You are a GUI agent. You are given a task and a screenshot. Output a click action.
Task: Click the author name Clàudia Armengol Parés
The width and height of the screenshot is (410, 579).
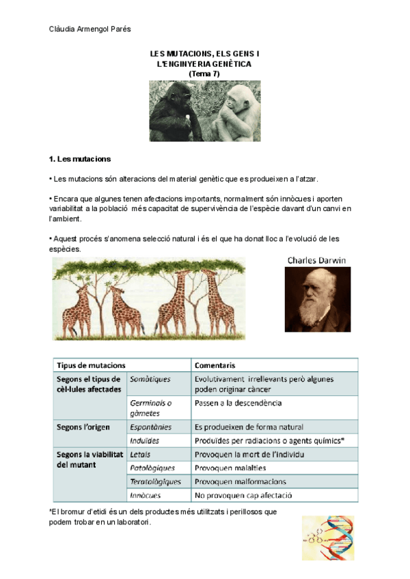click(90, 28)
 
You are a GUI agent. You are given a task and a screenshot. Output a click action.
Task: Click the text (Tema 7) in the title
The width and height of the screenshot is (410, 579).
click(204, 73)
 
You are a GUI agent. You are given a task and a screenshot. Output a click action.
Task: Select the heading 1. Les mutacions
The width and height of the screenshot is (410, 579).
click(81, 159)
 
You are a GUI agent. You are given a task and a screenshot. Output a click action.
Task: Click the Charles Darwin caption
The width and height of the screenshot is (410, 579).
click(317, 260)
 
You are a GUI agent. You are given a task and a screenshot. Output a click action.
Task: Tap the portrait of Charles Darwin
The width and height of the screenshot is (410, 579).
click(317, 298)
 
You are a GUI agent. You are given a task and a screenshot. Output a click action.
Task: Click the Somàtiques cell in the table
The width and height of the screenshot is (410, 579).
click(150, 379)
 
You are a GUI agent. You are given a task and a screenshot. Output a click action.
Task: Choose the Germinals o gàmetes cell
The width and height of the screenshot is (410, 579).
click(151, 408)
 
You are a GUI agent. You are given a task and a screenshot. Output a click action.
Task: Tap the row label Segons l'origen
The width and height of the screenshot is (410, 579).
click(84, 427)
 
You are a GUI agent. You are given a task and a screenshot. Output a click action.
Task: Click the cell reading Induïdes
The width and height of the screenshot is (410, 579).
click(145, 440)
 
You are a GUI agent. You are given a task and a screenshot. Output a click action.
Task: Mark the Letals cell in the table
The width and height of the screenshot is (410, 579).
click(140, 454)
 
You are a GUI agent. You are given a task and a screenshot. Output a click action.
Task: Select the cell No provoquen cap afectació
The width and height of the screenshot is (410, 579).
click(244, 495)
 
